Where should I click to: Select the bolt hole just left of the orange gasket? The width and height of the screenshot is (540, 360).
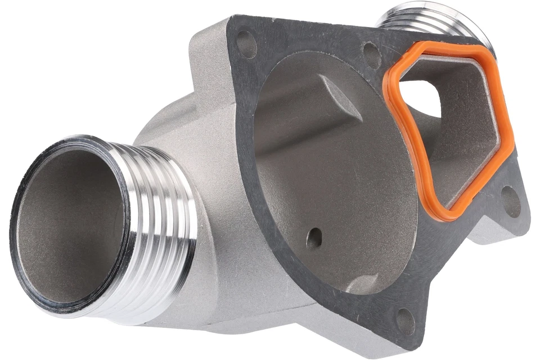(x=372, y=54)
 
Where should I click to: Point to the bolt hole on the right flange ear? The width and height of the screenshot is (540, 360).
(x=510, y=201)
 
